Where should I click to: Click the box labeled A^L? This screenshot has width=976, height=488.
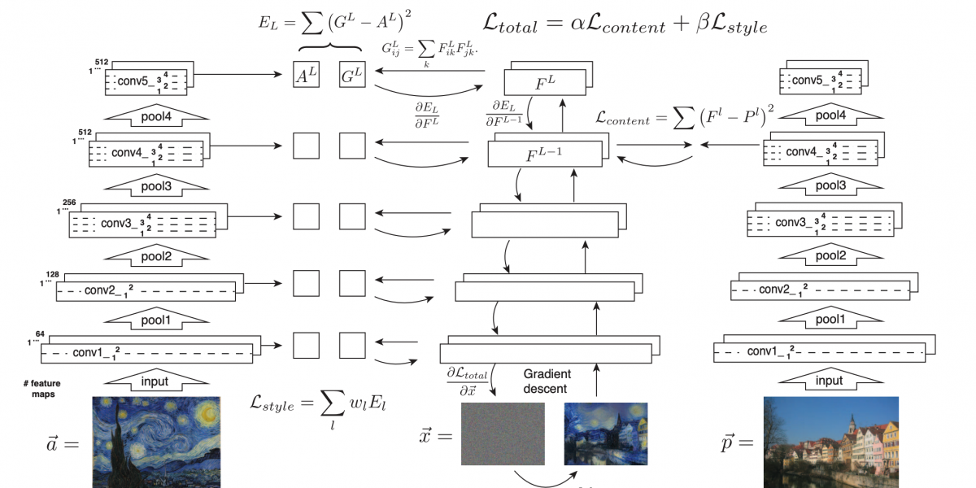click(306, 76)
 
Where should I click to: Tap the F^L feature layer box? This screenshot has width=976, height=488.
click(545, 81)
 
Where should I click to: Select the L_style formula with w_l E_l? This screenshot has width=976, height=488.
click(316, 403)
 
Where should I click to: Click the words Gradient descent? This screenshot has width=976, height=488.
click(547, 381)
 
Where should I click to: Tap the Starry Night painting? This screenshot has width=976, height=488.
click(156, 441)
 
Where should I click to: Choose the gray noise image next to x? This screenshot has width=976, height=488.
click(503, 434)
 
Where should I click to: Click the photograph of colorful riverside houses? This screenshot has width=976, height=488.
click(831, 441)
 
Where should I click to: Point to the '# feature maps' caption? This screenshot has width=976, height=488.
click(42, 389)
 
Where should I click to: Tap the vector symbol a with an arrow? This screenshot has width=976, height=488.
click(58, 443)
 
